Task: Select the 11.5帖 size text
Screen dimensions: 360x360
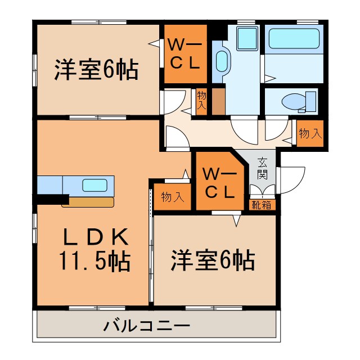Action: tap(94, 260)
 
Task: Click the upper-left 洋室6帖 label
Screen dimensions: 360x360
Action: tap(96, 70)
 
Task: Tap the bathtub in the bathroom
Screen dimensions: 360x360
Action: tap(294, 38)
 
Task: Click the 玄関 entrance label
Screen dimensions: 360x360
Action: tap(263, 168)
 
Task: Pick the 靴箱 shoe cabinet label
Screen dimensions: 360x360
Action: tap(262, 205)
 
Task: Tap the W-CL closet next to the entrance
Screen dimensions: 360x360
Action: tap(219, 183)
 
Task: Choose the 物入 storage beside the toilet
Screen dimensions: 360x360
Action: tap(310, 134)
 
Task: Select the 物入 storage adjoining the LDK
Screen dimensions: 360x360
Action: tap(172, 197)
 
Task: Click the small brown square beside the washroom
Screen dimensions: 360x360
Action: tap(218, 102)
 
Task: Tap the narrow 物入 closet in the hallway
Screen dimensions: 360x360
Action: tap(201, 101)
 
